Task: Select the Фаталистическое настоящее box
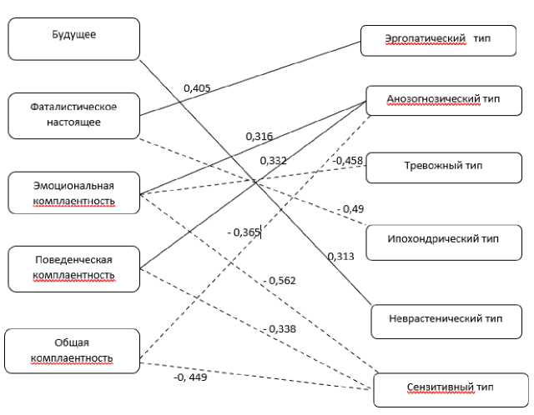[73, 115]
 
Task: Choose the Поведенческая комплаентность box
[73, 267]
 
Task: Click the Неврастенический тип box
[446, 319]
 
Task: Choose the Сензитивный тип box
[451, 389]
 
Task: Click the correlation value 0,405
[198, 87]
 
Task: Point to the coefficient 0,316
[259, 136]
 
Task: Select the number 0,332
[273, 160]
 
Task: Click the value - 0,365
[244, 233]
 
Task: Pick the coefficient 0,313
[340, 256]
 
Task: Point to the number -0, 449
[190, 377]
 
